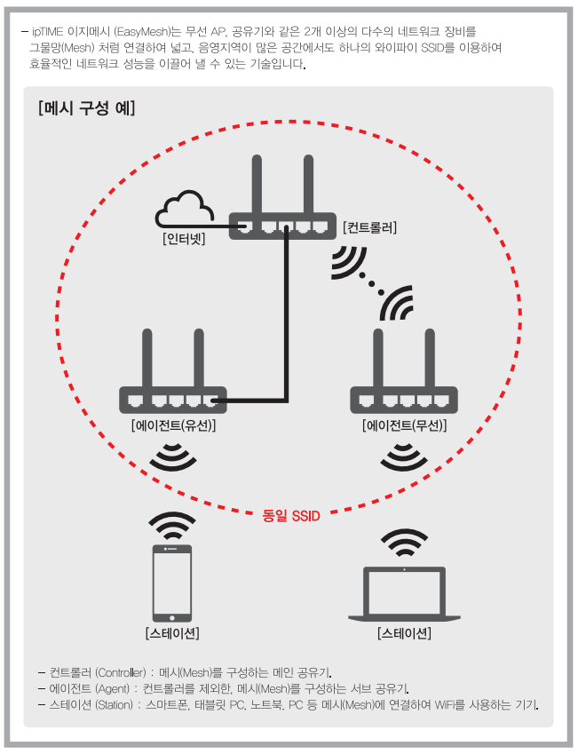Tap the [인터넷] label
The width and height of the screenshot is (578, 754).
(185, 238)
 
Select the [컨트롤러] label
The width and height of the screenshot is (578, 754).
(369, 227)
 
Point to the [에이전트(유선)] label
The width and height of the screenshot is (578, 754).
(173, 425)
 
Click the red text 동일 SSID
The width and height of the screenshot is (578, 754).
(291, 514)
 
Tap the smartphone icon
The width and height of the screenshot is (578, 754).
(172, 582)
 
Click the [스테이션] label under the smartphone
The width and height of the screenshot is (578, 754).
(172, 633)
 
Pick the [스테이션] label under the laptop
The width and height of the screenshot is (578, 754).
(404, 633)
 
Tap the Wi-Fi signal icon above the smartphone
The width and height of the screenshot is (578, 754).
(172, 527)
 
